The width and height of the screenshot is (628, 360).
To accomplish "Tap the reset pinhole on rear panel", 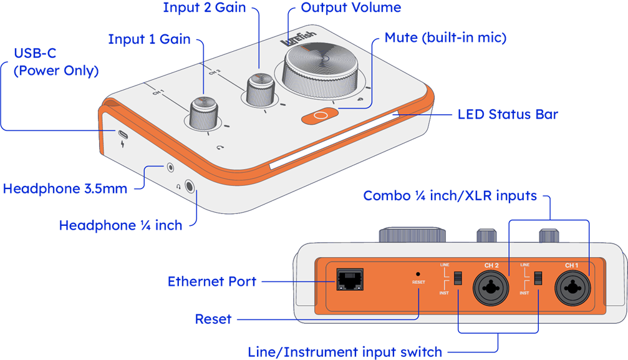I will [x=418, y=273].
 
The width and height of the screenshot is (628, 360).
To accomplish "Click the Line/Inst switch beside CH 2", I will [x=458, y=278].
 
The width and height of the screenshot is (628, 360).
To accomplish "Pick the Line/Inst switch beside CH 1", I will [x=538, y=278].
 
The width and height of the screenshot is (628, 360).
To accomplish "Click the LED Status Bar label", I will [x=508, y=115].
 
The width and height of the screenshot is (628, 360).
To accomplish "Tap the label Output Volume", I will [x=350, y=8].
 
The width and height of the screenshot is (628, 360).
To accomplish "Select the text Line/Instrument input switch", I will [x=345, y=351].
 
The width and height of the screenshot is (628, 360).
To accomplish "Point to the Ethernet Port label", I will [x=212, y=281].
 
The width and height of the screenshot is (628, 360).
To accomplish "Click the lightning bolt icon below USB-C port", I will [x=122, y=145].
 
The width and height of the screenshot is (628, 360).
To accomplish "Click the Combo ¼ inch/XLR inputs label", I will [x=450, y=196].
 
